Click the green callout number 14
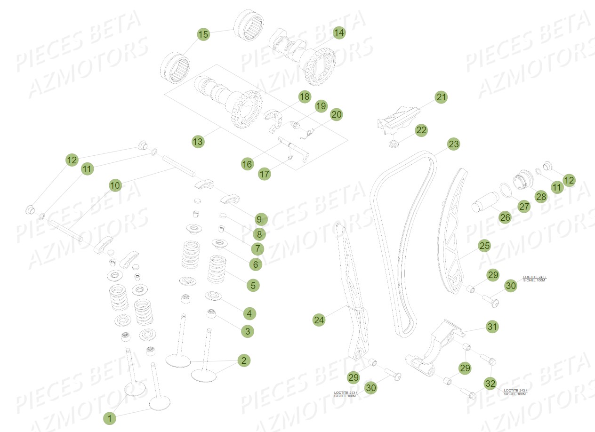click(339, 33)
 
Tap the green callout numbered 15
click(203, 34)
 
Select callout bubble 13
click(198, 141)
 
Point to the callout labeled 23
click(453, 144)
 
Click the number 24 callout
click(319, 320)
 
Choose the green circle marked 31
click(492, 326)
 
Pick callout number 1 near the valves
click(109, 418)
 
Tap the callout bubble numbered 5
click(253, 285)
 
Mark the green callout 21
click(441, 97)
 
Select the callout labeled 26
click(505, 217)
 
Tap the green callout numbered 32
click(490, 384)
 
